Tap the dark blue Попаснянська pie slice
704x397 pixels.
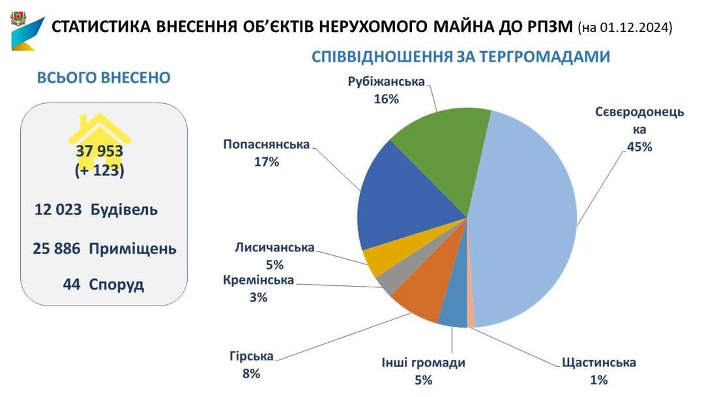click(x=398, y=202)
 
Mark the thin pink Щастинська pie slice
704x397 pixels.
click(x=471, y=319)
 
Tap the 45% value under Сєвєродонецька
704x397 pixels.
click(x=639, y=147)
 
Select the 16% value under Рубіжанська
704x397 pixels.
click(x=386, y=99)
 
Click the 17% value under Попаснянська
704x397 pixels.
click(x=267, y=161)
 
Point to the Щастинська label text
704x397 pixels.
click(x=598, y=363)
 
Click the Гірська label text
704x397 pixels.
click(x=251, y=357)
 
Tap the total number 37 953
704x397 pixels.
click(x=100, y=151)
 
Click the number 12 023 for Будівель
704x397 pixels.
click(x=59, y=210)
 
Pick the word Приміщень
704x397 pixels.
click(x=132, y=249)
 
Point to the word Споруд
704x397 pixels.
click(x=116, y=285)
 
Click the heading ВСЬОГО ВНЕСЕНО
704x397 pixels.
click(x=104, y=78)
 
